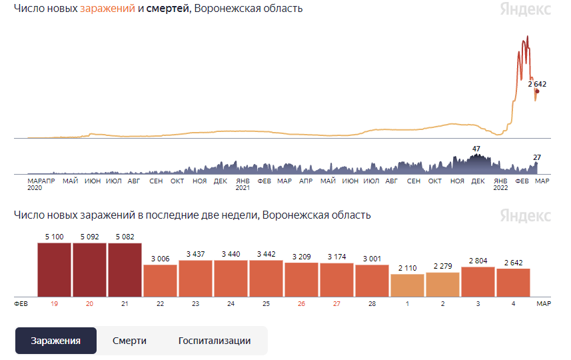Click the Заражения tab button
[x=56, y=341]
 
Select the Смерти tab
[x=129, y=341]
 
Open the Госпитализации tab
[x=215, y=341]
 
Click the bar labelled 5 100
[x=54, y=270]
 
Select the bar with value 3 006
[x=160, y=281]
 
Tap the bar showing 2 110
[x=407, y=285]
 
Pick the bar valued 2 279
[x=442, y=284]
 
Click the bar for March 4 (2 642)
[x=513, y=283]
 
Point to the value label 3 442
[x=266, y=254]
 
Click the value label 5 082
[x=125, y=236]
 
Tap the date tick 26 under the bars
[x=301, y=303]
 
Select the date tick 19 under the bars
[x=54, y=303]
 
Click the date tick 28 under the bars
[x=372, y=303]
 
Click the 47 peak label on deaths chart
[x=476, y=149]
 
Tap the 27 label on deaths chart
[x=537, y=157]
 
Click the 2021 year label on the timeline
[x=243, y=188]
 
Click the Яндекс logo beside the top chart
[x=526, y=9]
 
